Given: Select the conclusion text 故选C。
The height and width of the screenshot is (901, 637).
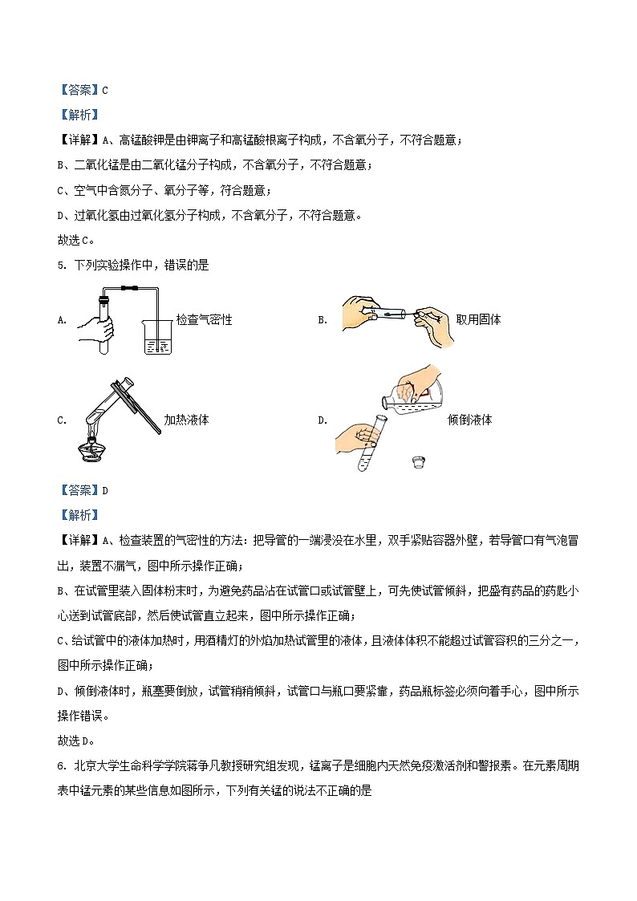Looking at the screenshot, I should tap(76, 240).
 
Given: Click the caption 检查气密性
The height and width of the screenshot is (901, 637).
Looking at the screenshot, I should tap(205, 319).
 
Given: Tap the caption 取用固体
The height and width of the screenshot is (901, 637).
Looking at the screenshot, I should tap(478, 319).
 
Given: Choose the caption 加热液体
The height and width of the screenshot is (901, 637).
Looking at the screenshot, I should tap(186, 420).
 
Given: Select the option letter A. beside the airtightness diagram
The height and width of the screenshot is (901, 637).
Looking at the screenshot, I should tap(62, 319).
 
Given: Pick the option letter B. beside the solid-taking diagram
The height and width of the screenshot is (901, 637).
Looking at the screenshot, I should tap(323, 319).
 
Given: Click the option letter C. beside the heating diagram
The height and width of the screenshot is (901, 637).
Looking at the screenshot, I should tap(62, 420).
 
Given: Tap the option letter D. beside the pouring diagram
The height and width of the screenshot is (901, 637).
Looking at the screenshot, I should tap(323, 420).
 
